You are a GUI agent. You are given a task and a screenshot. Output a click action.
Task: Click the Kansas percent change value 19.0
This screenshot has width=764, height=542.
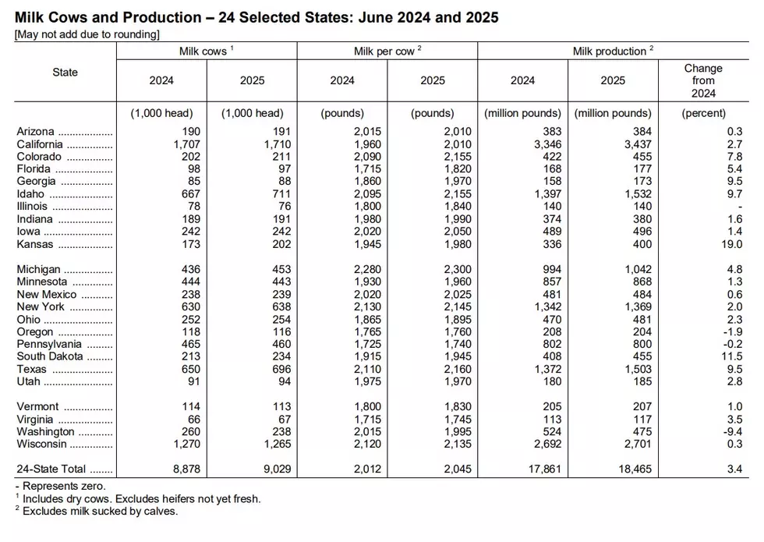click(x=732, y=244)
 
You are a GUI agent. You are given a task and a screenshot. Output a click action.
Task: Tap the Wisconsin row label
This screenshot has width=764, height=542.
click(x=41, y=444)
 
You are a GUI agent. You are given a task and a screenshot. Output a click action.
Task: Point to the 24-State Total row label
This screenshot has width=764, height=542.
click(x=51, y=469)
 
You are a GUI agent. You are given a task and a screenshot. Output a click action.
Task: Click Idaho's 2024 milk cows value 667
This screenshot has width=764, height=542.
click(x=191, y=194)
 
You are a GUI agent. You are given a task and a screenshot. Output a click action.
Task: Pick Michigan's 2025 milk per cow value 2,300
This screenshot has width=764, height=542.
click(x=458, y=269)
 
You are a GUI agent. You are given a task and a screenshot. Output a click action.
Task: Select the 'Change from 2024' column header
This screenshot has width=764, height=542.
click(x=703, y=80)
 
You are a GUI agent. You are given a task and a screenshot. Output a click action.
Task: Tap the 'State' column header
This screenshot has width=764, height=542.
click(x=65, y=72)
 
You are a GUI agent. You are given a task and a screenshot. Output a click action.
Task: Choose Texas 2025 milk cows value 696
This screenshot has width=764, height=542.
click(x=281, y=369)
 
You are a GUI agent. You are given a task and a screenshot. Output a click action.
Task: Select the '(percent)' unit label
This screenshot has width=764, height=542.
click(x=703, y=113)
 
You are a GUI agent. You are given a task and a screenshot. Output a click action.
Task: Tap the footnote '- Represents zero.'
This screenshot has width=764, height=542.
click(x=60, y=486)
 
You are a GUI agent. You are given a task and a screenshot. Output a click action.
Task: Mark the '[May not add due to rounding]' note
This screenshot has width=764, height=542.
click(x=87, y=34)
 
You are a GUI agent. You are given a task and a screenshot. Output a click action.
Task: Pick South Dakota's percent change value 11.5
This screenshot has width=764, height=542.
click(x=732, y=356)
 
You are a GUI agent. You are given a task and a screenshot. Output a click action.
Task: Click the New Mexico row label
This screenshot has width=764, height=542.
click(x=46, y=295)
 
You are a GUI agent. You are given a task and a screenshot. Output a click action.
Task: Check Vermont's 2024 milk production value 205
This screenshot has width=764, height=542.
click(x=552, y=406)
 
